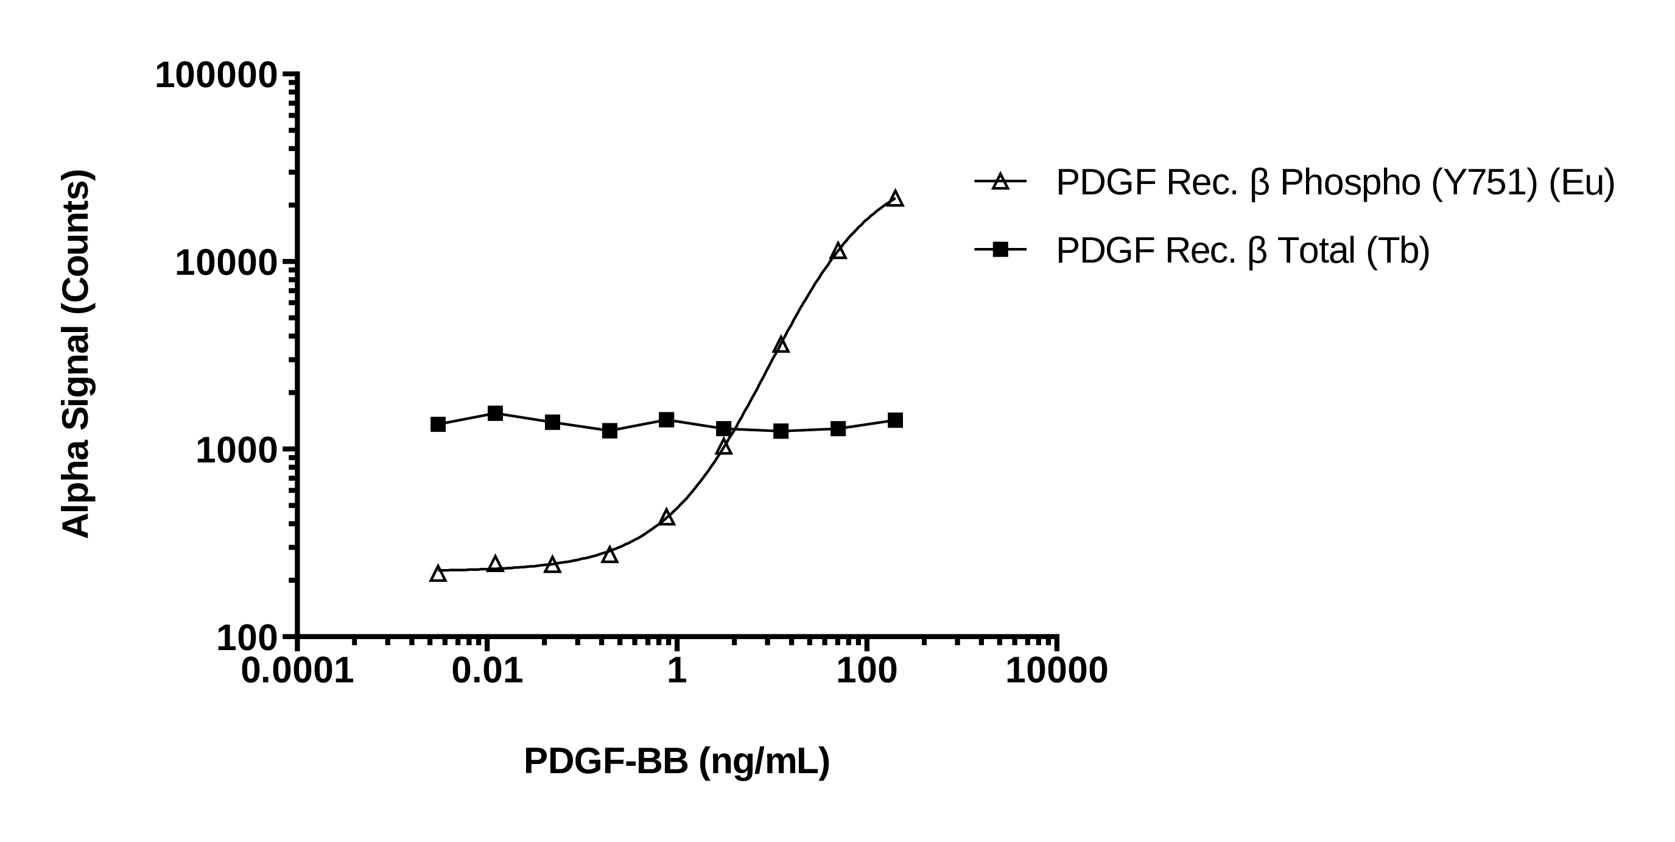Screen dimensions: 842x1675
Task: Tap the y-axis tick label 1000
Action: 237,450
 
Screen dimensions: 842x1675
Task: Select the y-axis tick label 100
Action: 247,639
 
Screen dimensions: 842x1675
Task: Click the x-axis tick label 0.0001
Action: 297,670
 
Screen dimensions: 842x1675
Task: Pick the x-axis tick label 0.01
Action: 487,670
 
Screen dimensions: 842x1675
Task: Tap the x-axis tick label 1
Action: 677,670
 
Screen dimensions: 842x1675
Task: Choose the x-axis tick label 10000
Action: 1056,670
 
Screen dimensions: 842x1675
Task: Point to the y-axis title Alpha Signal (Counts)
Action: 77,354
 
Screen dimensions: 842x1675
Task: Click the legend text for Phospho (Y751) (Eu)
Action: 1335,183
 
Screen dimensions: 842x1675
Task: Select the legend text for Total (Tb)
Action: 1243,250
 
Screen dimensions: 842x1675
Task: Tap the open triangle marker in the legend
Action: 1000,182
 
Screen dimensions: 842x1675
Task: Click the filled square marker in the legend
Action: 1000,249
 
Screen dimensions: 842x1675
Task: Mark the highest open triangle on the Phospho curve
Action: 896,199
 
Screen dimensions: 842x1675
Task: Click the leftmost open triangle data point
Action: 438,574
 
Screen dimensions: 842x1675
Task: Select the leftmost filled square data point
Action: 438,425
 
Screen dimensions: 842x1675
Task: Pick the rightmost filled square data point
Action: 896,420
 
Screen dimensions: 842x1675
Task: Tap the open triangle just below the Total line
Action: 724,447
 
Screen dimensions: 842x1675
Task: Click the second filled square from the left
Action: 496,413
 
